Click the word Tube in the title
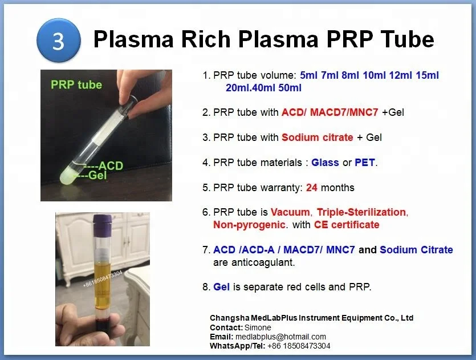coord(405,39)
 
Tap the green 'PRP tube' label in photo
coord(76,84)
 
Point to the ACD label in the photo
coord(111,166)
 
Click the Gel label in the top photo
coord(97,175)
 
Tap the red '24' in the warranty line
coord(312,187)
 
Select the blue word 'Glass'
coord(325,163)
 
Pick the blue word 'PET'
coord(365,163)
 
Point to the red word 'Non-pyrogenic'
coord(249,225)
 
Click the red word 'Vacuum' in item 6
coord(291,212)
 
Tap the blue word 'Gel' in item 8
coord(221,287)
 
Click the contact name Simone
coord(258,327)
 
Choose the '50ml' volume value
coord(288,88)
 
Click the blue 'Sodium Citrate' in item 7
coord(416,249)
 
